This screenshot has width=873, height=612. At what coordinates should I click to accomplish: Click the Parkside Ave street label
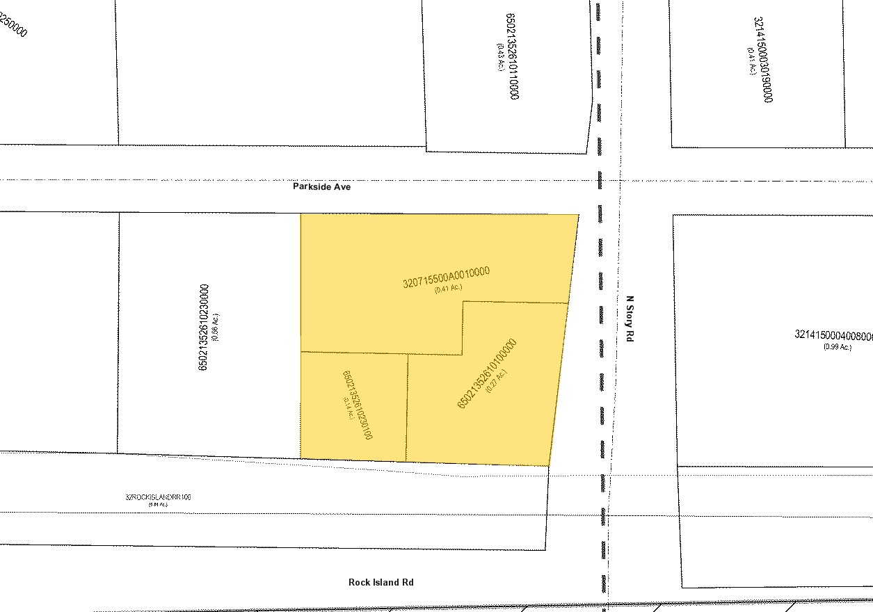point(321,187)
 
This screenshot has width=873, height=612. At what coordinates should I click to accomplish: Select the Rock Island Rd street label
point(381,582)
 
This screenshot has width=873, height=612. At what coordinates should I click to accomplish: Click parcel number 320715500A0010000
point(447,277)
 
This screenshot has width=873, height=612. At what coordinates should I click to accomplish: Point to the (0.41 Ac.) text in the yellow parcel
point(448,289)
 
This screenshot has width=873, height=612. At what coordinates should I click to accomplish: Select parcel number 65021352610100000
point(486,373)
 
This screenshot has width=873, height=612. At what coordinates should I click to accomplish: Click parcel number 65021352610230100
point(358,405)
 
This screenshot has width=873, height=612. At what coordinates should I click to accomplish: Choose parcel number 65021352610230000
point(203,327)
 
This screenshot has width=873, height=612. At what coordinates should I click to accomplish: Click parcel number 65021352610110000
point(513,56)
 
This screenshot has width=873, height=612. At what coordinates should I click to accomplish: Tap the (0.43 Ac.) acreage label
point(499,56)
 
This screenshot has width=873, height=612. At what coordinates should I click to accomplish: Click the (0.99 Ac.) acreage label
point(837,347)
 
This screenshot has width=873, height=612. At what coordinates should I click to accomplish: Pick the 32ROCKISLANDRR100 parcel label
point(158,497)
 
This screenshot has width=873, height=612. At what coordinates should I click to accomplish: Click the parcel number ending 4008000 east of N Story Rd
point(833,335)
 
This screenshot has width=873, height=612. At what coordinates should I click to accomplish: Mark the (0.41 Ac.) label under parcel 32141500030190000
point(752,61)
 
